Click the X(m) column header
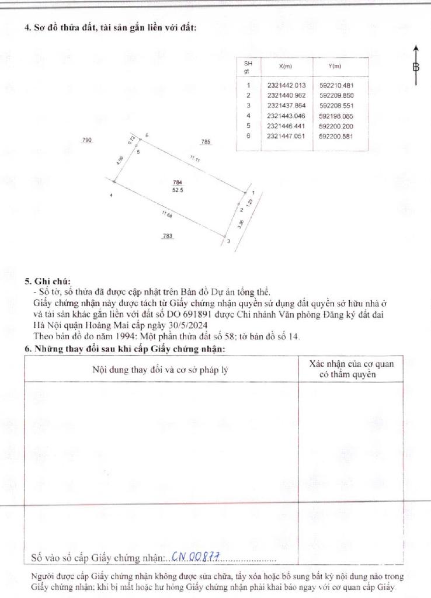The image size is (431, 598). [286, 67]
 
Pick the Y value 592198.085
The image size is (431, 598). [336, 116]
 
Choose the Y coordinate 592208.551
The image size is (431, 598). [336, 106]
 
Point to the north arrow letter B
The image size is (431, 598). [416, 67]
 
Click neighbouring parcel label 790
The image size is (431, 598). [88, 140]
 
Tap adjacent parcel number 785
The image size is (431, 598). [206, 142]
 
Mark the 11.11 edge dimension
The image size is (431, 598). [194, 159]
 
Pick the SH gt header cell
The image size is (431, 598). [248, 67]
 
